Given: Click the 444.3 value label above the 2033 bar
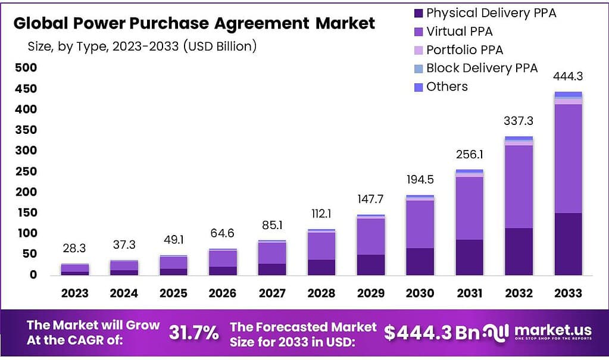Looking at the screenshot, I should point(567,76).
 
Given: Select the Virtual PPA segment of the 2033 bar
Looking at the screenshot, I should point(568,158).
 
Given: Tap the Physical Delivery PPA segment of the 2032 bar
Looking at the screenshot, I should point(519,251).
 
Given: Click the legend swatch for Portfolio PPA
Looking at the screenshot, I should point(418,50).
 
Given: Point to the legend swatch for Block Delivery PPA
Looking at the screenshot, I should point(418,68).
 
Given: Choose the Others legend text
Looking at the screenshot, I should point(446,87).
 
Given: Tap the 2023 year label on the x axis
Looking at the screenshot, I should point(74,293).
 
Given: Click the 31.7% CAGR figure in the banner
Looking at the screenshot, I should point(194,333).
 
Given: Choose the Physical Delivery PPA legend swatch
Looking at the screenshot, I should point(418,13).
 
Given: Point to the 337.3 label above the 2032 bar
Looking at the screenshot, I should point(518,121).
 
